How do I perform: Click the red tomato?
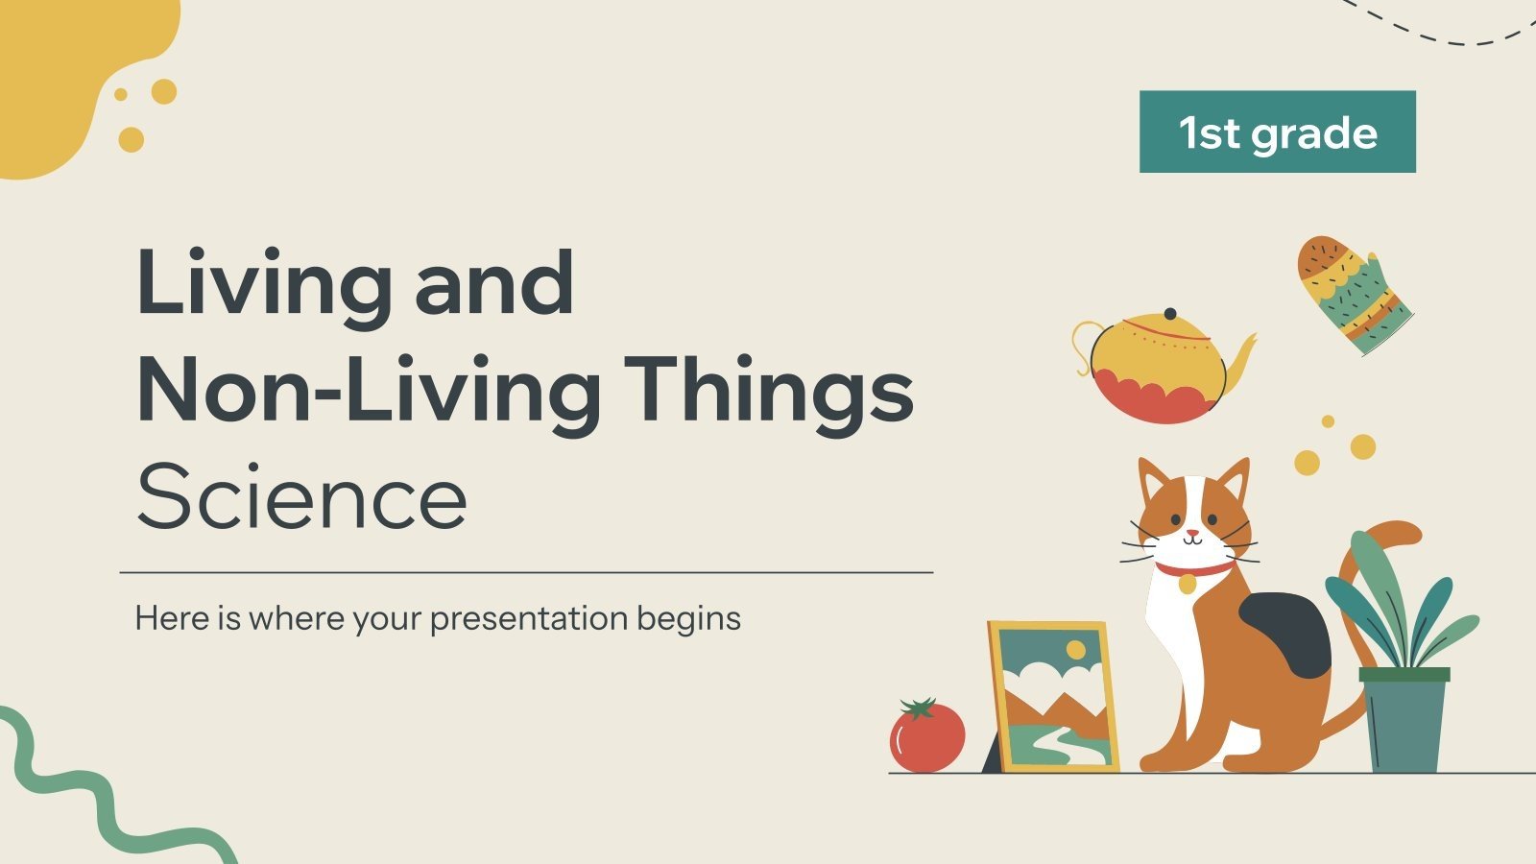926,737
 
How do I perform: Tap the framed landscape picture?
1054,696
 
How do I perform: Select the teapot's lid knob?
1169,314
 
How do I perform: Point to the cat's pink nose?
1191,532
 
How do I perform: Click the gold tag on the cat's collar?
1188,583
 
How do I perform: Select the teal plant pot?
1404,720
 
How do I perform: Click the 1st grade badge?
1277,132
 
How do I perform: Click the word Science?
301,498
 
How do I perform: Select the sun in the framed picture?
1075,650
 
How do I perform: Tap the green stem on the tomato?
919,708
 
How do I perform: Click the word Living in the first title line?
264,283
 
